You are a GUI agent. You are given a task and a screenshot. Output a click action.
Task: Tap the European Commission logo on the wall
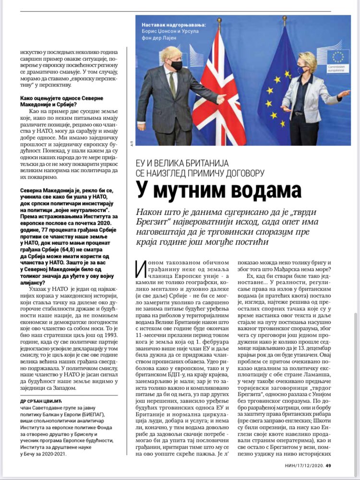(x=337, y=61)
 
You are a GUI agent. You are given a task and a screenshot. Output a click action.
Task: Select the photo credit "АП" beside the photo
(x=132, y=143)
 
